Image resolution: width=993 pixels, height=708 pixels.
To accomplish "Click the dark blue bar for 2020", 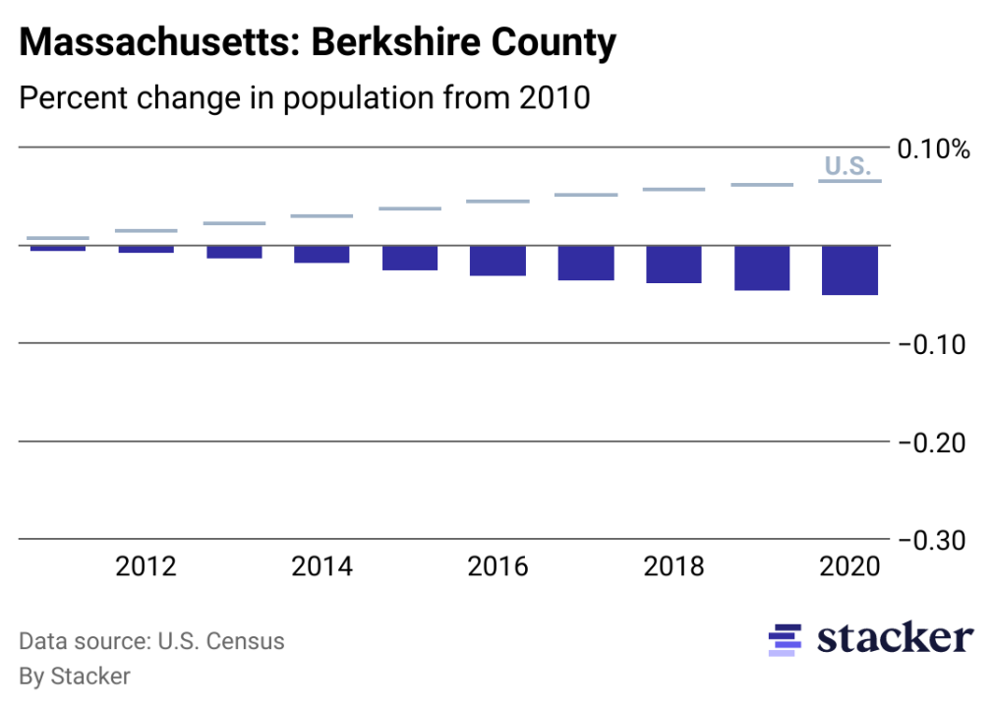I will [850, 270].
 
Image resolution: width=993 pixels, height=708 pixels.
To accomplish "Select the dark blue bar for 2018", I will [674, 265].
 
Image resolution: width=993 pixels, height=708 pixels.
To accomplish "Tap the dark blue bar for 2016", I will [498, 261].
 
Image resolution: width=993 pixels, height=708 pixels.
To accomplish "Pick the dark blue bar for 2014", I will [321, 255].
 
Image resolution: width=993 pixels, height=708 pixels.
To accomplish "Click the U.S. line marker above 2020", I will [850, 181].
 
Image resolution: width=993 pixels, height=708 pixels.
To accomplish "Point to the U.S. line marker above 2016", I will [498, 202].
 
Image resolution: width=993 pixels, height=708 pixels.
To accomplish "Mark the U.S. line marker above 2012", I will [146, 231].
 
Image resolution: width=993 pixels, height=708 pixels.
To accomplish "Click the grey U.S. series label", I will [847, 165].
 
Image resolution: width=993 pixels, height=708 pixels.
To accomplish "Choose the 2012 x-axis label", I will [146, 567].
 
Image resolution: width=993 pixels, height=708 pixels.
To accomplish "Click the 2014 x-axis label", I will [321, 567].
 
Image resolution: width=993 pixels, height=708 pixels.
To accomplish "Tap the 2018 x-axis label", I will [674, 567].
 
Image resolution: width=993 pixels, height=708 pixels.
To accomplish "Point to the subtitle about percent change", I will [305, 98].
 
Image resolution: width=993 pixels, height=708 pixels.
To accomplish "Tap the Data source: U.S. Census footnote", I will [151, 642].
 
